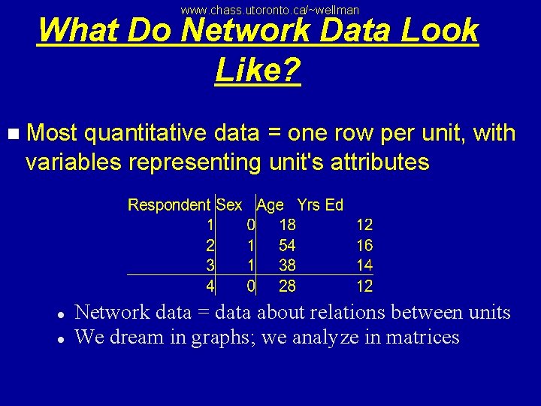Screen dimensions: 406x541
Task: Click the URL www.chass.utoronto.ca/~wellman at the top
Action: click(x=270, y=10)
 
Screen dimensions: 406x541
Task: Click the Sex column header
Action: click(x=229, y=205)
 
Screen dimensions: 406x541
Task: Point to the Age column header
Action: click(x=270, y=205)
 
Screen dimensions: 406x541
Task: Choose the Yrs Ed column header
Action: click(x=320, y=205)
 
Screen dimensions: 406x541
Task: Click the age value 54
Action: click(x=287, y=245)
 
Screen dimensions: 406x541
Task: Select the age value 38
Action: click(x=287, y=265)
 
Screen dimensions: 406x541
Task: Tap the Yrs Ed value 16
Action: click(x=364, y=245)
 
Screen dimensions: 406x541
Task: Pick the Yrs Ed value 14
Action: click(x=364, y=265)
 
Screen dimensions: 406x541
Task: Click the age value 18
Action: click(x=287, y=225)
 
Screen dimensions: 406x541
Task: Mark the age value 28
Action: click(x=287, y=286)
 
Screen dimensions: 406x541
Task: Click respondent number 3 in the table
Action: click(x=210, y=265)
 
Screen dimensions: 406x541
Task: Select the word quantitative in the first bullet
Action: click(x=146, y=134)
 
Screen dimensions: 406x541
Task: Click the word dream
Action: click(x=137, y=337)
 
